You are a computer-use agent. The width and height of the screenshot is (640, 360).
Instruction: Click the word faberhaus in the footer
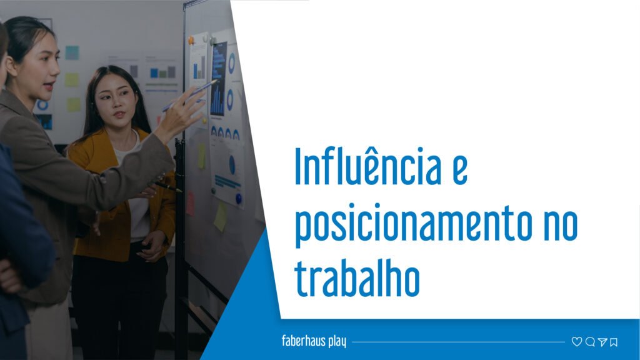coord(304,342)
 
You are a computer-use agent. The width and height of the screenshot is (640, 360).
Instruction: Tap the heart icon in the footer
coord(576,342)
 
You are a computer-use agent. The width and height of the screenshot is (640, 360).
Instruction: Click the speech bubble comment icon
coord(589,342)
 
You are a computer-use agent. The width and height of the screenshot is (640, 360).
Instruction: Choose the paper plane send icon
coord(602,342)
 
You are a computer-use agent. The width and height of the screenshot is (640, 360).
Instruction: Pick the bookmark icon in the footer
coord(614,342)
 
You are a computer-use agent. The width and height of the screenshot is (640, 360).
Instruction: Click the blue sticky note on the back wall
coord(72,53)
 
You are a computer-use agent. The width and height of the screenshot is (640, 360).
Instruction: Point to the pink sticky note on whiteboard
coord(190,203)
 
